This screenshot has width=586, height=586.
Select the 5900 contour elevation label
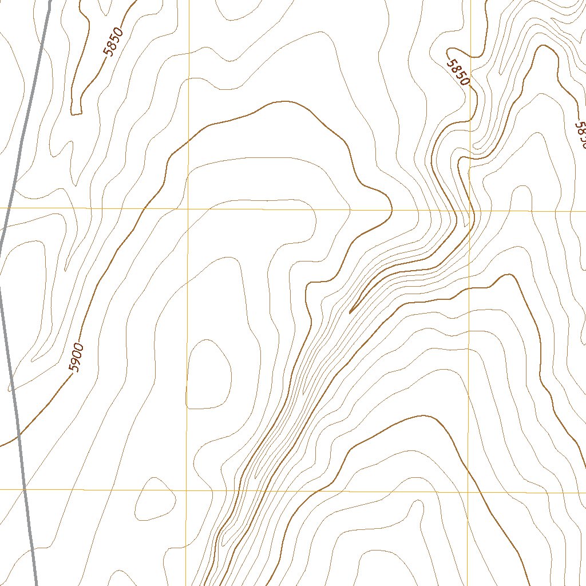pos(76,358)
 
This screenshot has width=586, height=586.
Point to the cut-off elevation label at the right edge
pos(580,135)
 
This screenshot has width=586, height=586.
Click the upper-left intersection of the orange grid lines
pos(188,208)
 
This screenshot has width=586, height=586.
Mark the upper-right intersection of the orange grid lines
pos(469,211)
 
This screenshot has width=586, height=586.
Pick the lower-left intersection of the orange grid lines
pos(187,490)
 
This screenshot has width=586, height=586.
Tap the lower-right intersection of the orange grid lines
pos(468,492)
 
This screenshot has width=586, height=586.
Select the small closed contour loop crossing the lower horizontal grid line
pos(155,498)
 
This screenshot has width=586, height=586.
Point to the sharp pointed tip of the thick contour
pos(350,312)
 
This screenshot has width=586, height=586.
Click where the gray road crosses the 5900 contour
pos(19,435)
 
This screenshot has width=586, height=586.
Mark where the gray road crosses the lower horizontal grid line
pos(25,489)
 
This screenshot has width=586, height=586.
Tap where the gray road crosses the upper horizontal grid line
pos(7,207)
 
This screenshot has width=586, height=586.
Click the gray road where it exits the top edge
pos(49,1)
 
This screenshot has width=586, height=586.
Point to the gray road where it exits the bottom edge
pos(37,584)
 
